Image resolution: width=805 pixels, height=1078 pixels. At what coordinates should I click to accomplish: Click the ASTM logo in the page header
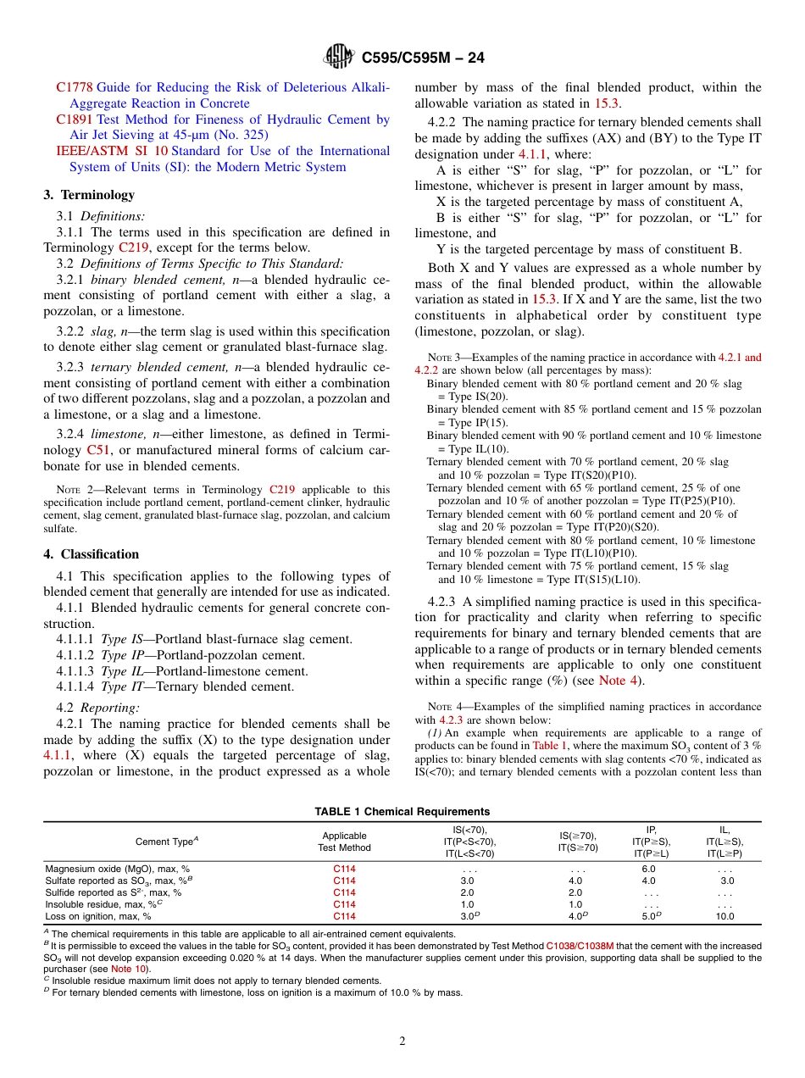coord(340,58)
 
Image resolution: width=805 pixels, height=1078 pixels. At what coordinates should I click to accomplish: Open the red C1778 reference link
coord(75,87)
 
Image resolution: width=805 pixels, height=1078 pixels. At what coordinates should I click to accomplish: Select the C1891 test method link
coord(75,119)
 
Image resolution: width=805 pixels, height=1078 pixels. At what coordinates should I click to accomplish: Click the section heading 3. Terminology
coord(89,195)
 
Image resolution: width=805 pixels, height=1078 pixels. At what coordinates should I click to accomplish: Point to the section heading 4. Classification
coord(92,554)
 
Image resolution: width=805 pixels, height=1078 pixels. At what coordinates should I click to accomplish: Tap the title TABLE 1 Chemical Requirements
coord(402,812)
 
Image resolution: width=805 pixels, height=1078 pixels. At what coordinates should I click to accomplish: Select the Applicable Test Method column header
coord(344,841)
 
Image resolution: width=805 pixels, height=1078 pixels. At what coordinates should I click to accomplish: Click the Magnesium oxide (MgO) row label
coord(117,869)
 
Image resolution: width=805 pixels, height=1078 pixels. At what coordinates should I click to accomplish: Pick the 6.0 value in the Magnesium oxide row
coord(649,869)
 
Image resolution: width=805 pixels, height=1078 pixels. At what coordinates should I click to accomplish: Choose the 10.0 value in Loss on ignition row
coord(724,916)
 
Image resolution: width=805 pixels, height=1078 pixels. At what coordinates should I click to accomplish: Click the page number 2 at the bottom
coord(402,1042)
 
